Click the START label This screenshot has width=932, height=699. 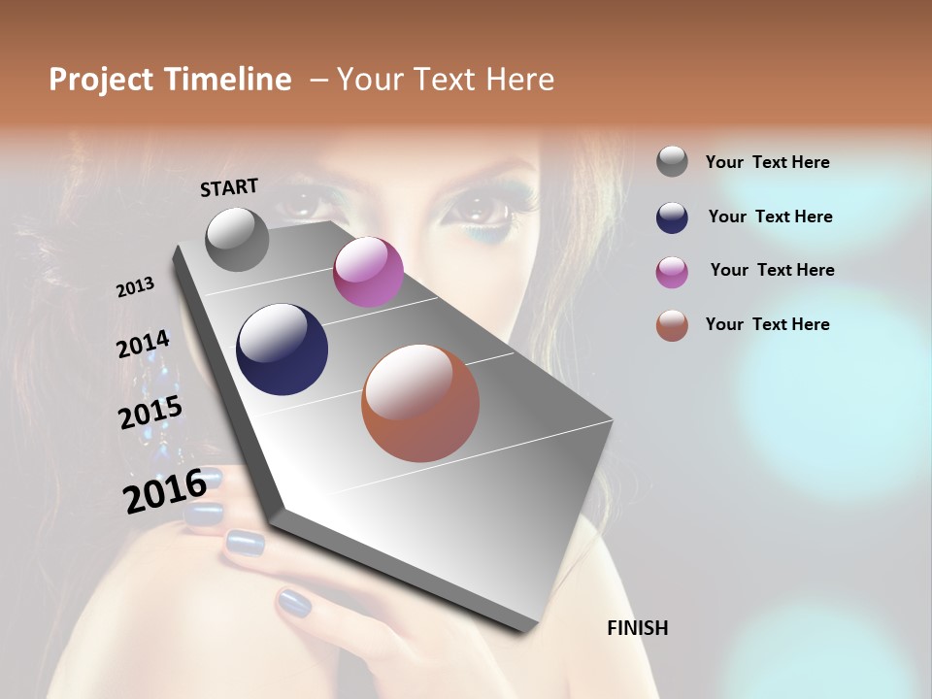click(x=229, y=187)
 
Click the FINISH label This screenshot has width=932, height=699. click(x=637, y=628)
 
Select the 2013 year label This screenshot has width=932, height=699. click(x=135, y=287)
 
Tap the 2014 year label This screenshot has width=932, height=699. click(x=143, y=345)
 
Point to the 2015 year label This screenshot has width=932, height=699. click(x=150, y=413)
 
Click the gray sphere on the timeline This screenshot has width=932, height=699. click(x=237, y=239)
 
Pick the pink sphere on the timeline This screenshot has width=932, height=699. click(x=368, y=272)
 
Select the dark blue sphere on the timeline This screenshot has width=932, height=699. click(x=282, y=349)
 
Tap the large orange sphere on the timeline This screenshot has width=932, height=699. click(x=420, y=403)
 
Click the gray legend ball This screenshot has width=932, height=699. click(x=672, y=162)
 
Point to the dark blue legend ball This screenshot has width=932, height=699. click(x=672, y=217)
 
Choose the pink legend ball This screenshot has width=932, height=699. click(x=672, y=272)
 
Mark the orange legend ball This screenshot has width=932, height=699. click(x=672, y=326)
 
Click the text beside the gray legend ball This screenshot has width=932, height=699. click(x=767, y=163)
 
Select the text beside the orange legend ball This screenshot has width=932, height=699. click(x=767, y=324)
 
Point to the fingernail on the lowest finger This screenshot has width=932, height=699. click(x=293, y=604)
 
